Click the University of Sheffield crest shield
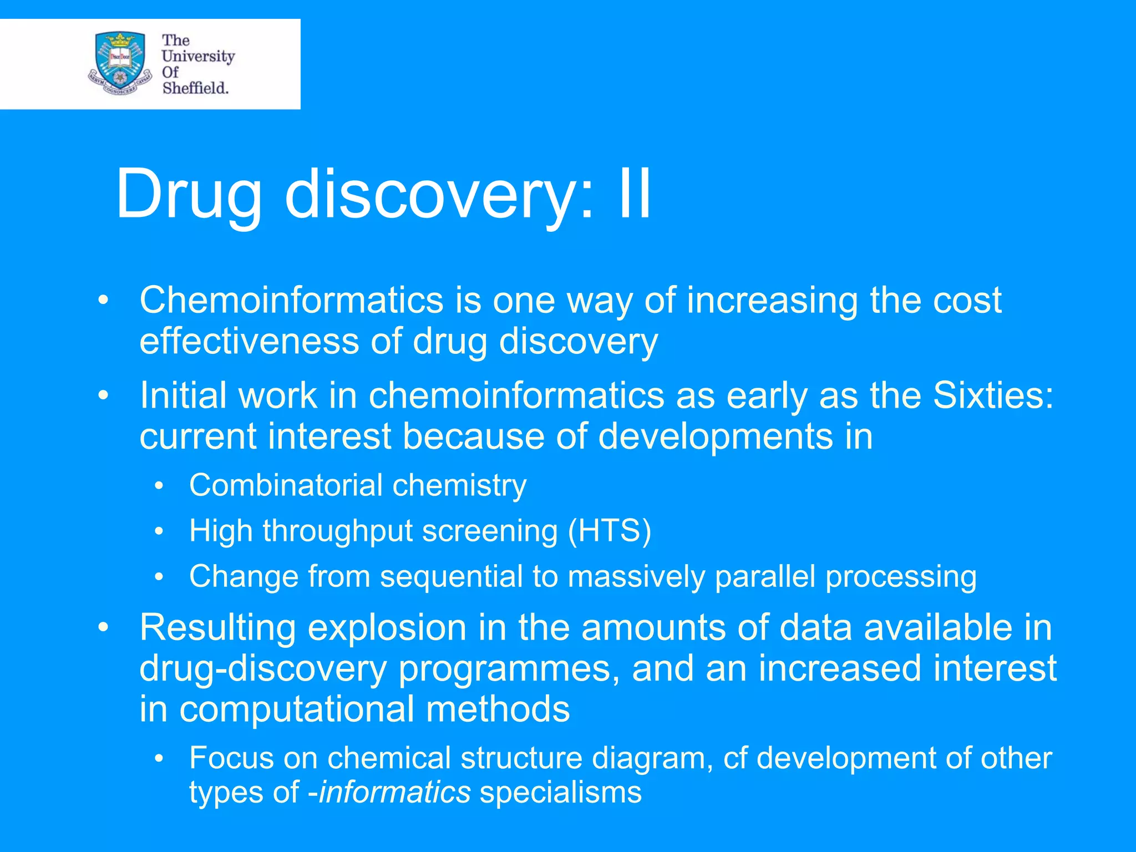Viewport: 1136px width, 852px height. (x=120, y=62)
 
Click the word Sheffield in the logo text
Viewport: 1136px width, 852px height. (x=195, y=88)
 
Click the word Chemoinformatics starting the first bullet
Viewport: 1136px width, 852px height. (x=291, y=300)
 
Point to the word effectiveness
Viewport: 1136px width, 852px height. (x=249, y=341)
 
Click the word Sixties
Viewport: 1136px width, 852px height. (x=992, y=395)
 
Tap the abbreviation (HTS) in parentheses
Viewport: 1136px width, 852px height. (x=609, y=531)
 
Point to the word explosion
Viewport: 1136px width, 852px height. (x=387, y=627)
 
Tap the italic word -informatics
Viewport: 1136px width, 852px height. (x=389, y=792)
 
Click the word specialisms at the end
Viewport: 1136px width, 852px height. (x=560, y=792)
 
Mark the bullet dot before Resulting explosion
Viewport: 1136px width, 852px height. (x=103, y=628)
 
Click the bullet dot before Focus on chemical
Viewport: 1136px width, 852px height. (x=160, y=758)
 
